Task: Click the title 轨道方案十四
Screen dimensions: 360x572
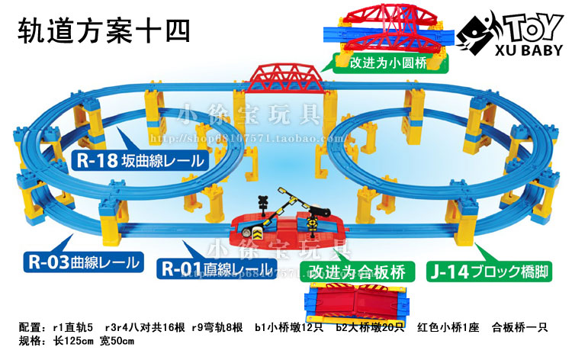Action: [x=102, y=31]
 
